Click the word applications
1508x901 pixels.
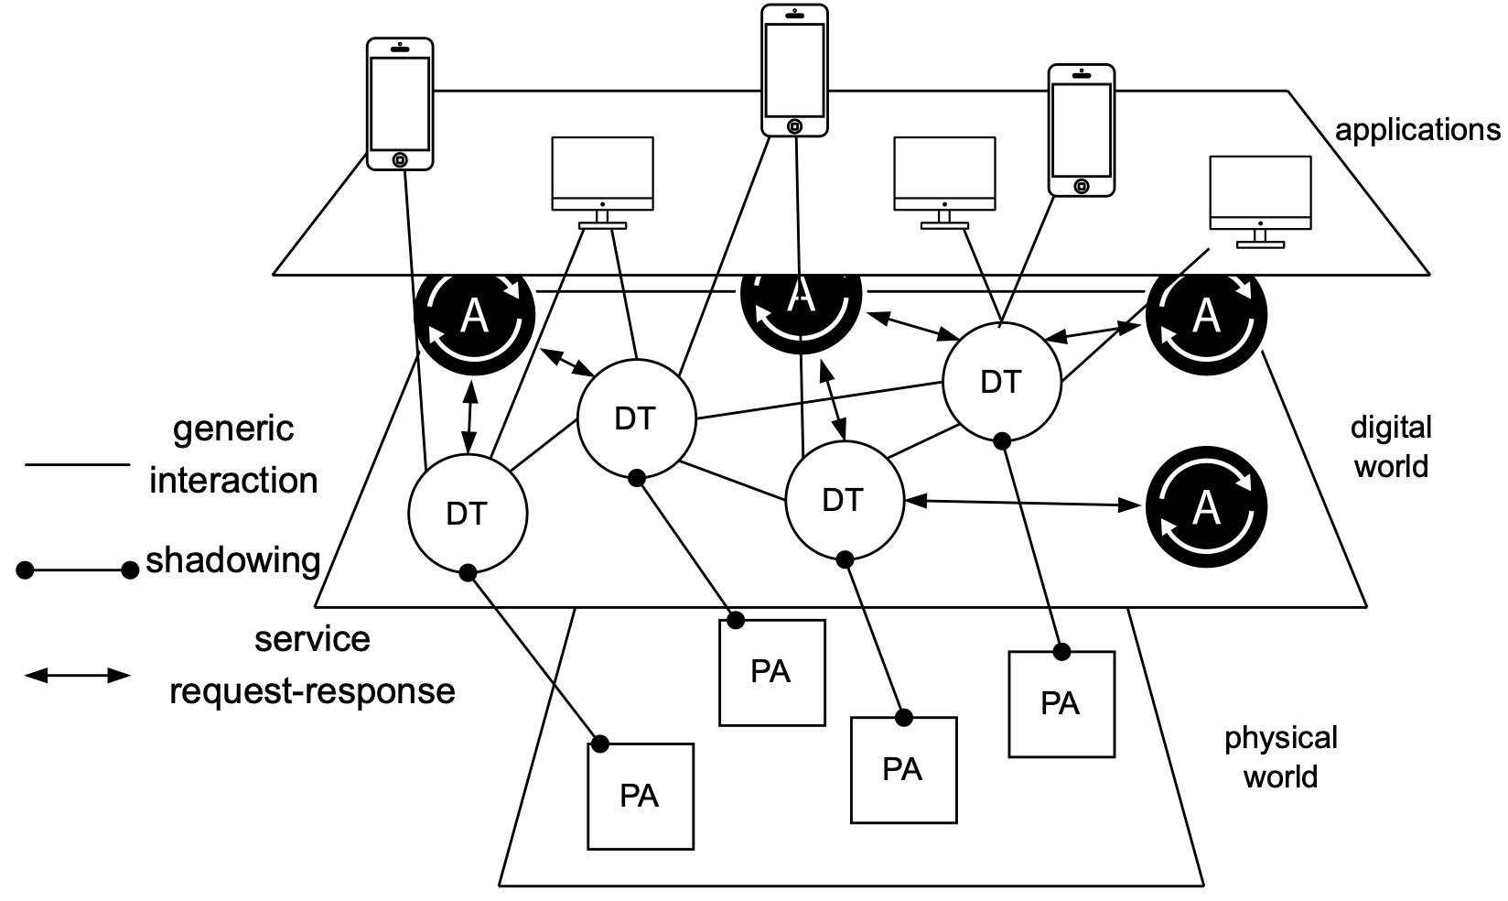pyautogui.click(x=1416, y=130)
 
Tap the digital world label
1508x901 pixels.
pyautogui.click(x=1391, y=447)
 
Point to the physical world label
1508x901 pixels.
pyautogui.click(x=1281, y=757)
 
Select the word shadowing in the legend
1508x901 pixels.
pyautogui.click(x=233, y=559)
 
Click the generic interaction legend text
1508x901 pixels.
pyautogui.click(x=233, y=454)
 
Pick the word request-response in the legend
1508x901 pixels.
pyautogui.click(x=312, y=690)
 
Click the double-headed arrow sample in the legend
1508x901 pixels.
pyautogui.click(x=78, y=676)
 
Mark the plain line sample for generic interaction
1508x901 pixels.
pyautogui.click(x=78, y=465)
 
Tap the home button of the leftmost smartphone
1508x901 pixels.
pyautogui.click(x=400, y=160)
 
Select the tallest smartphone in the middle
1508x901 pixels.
pyautogui.click(x=794, y=71)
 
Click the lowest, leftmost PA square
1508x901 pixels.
pyautogui.click(x=640, y=797)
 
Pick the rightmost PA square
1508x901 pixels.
pyautogui.click(x=1061, y=703)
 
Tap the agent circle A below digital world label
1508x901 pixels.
pyautogui.click(x=1206, y=506)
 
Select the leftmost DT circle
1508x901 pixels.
pyautogui.click(x=467, y=514)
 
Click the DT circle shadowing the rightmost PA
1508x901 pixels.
pyautogui.click(x=1001, y=382)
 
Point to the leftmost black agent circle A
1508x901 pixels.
pyautogui.click(x=474, y=316)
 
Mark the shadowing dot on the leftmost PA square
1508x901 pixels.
pyautogui.click(x=600, y=744)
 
